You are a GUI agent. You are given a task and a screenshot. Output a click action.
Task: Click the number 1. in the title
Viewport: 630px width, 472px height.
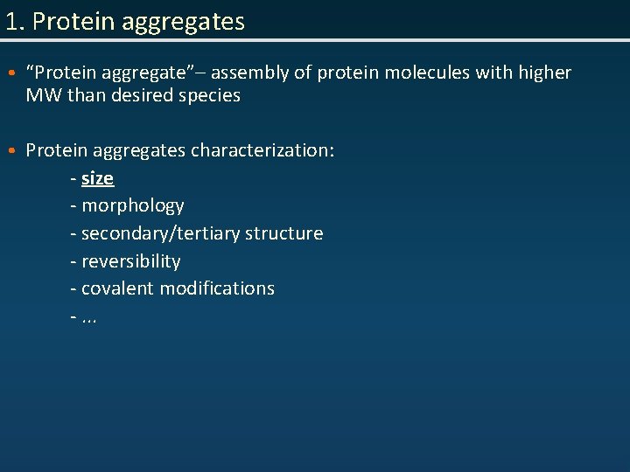[x=15, y=21]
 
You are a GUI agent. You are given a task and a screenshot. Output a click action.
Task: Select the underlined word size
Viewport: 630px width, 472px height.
[x=97, y=178]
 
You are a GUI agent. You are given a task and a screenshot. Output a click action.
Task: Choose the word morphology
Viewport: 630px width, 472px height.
[x=132, y=206]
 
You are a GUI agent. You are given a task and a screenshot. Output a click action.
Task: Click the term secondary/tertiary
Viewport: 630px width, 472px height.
[x=160, y=233]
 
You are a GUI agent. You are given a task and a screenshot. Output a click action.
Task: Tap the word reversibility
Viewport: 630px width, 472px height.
[x=131, y=261]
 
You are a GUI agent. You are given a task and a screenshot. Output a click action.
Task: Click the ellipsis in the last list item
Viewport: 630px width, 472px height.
[x=89, y=317]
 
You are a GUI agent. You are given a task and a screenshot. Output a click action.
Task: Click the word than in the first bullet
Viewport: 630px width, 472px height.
[x=85, y=95]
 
